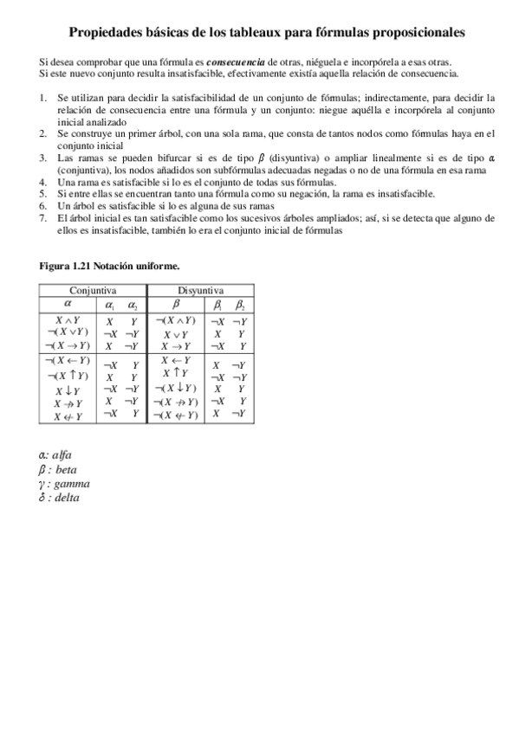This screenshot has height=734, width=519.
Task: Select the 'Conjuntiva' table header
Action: click(x=93, y=292)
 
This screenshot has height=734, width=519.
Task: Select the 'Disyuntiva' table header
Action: click(x=200, y=292)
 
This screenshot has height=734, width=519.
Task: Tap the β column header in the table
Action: click(x=176, y=305)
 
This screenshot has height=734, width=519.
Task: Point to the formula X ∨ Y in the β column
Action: click(x=176, y=333)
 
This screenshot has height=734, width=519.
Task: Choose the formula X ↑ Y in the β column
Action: click(x=176, y=374)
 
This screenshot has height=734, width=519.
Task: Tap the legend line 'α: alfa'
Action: click(x=55, y=454)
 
